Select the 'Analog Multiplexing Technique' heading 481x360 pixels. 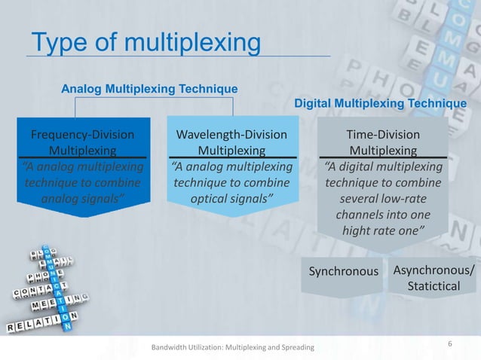coord(149,89)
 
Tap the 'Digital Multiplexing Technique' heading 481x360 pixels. coord(379,103)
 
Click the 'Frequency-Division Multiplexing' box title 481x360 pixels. coord(82,142)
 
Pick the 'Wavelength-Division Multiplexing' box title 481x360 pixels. coord(231,142)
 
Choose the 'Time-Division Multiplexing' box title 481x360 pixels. coord(383,142)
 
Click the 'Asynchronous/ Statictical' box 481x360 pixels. coord(433,279)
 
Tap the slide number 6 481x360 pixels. coord(449,344)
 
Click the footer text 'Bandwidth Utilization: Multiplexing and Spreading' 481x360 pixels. coord(233,347)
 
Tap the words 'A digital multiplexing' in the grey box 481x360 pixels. coord(383,166)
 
